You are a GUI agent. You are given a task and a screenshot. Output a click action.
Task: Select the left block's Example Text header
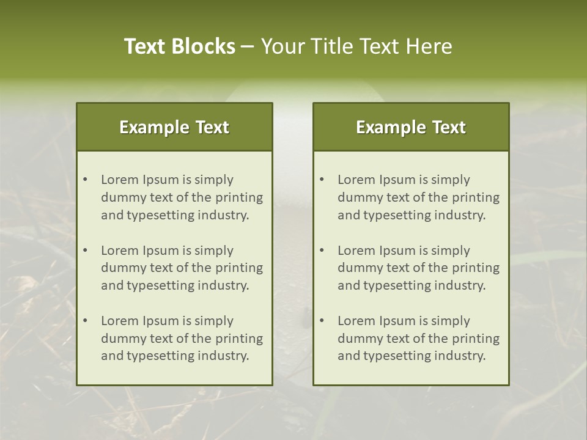174,127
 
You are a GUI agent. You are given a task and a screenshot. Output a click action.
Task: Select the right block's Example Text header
411,127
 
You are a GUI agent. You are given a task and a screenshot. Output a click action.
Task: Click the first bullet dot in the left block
85,180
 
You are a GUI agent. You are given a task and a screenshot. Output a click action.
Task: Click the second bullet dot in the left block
85,251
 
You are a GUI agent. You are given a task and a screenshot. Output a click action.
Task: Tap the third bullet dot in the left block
85,321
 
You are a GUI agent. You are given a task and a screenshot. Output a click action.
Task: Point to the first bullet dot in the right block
322,180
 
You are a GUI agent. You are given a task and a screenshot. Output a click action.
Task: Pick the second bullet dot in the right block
322,251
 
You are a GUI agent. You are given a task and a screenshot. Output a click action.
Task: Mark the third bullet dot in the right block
322,321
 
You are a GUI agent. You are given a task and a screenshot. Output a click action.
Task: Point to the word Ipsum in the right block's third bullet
401,321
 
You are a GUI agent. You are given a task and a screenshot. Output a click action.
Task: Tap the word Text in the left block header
213,127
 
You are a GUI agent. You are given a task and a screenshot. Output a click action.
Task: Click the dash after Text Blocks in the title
248,47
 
